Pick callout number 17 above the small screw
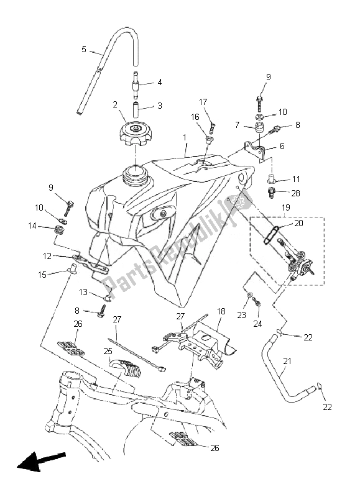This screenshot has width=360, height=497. pyautogui.click(x=203, y=101)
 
